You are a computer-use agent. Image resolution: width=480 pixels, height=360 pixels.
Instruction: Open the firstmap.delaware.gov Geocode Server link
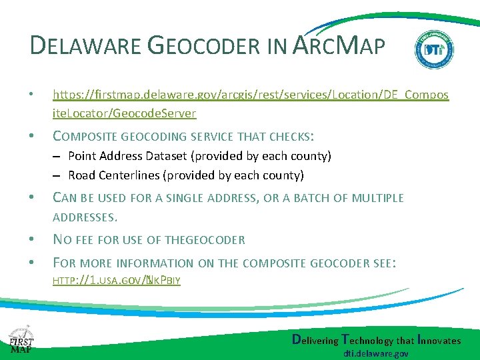(x=250, y=104)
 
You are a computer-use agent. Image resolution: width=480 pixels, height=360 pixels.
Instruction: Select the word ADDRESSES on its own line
(x=85, y=217)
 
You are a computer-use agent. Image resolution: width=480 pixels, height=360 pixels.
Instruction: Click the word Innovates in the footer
(x=437, y=340)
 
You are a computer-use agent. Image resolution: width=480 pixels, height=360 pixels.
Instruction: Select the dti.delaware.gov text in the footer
(x=376, y=353)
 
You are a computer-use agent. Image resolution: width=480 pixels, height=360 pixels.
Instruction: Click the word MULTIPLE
(x=377, y=198)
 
